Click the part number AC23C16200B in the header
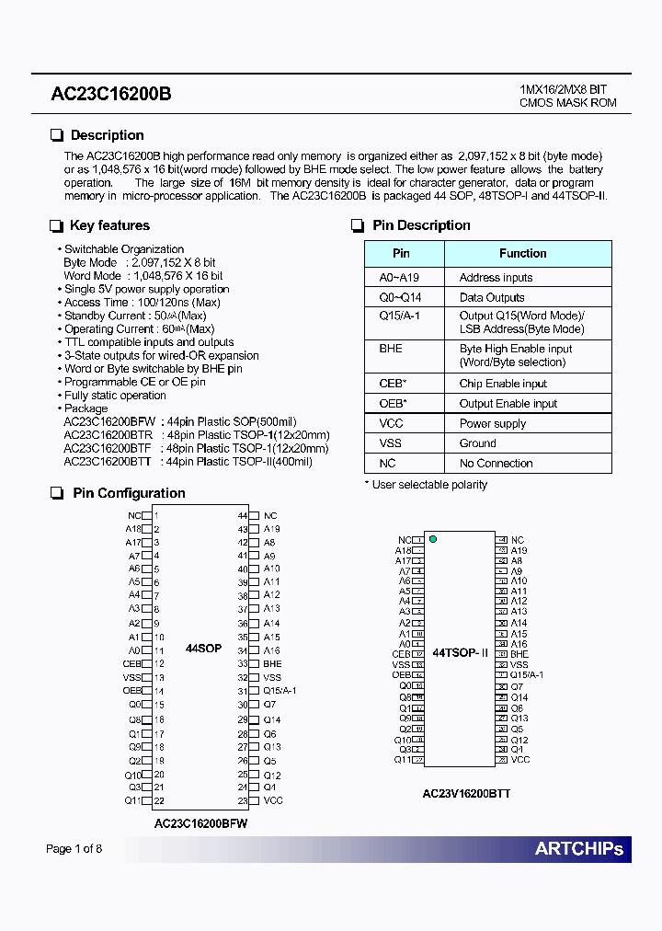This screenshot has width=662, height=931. point(110,95)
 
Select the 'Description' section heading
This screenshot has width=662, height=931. point(107,135)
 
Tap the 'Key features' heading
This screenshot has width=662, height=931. point(109,225)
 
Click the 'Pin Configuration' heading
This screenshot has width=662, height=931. point(129,493)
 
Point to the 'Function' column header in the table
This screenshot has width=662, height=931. point(522,253)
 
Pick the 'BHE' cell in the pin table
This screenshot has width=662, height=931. point(391,349)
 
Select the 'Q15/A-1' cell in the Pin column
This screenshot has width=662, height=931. point(399,315)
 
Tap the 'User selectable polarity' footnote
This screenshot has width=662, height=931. point(426,485)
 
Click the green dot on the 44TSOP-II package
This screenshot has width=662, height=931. point(433,539)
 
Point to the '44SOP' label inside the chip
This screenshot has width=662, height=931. point(203,649)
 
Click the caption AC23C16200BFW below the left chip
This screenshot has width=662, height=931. point(200,824)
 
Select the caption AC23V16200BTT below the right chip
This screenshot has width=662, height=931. point(466,793)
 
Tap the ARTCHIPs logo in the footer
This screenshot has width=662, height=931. point(578,848)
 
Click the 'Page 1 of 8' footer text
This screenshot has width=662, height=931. point(74,848)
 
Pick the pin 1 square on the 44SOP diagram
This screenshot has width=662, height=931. point(146,516)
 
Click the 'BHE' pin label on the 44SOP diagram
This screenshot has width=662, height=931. point(272,663)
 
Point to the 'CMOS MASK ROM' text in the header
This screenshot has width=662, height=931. point(568,103)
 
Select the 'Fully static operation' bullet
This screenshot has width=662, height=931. point(115,396)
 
